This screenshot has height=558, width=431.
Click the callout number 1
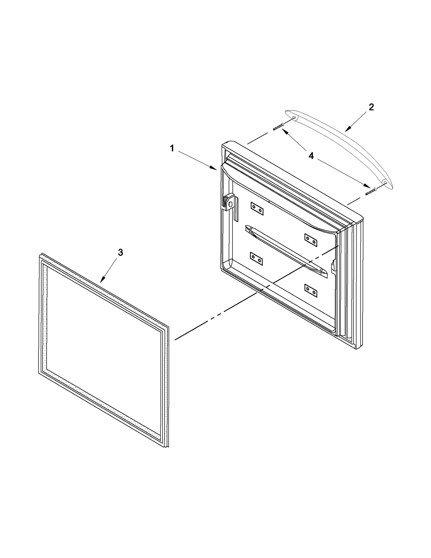pos(172,148)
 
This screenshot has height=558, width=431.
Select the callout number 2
pos(371,107)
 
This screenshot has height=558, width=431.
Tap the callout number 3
pos(120,253)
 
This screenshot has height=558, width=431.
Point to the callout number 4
pos(311,156)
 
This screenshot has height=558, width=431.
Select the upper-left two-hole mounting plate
pos(257,209)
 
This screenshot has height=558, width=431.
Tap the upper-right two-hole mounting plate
pos(311,240)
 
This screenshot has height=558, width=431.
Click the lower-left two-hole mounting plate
pos(256,259)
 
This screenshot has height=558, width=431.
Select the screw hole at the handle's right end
pos(385,182)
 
